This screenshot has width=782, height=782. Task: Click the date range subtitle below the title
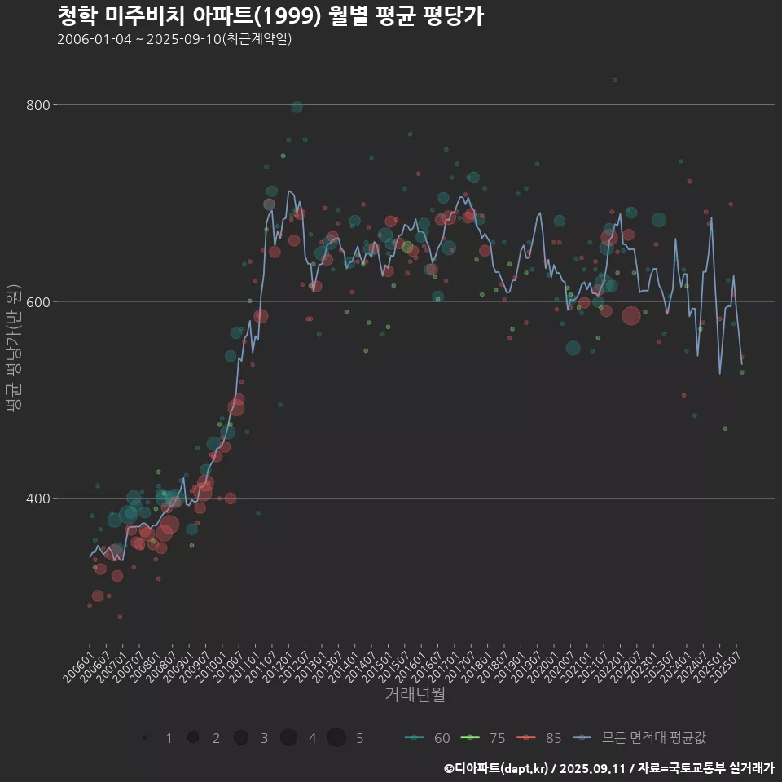tap(174, 40)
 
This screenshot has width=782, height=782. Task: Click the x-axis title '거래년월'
tap(415, 695)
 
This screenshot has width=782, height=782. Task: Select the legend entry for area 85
tap(540, 738)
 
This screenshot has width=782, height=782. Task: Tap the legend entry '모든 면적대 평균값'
tap(639, 738)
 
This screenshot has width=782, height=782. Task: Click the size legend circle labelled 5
tap(336, 738)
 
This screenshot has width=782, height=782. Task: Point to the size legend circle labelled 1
tap(145, 738)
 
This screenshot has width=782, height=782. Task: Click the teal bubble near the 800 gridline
tap(297, 108)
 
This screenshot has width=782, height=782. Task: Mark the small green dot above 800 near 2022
tap(615, 80)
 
